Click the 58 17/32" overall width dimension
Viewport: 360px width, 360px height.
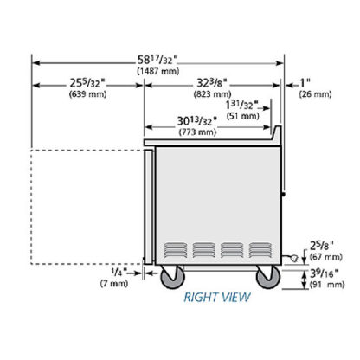[x=157, y=60]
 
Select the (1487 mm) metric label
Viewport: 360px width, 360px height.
[x=158, y=71]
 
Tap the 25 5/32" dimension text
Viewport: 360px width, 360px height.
[x=87, y=83]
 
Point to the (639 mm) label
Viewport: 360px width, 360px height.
[x=88, y=94]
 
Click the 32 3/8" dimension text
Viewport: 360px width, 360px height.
[x=212, y=83]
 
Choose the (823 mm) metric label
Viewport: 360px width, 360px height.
[x=213, y=94]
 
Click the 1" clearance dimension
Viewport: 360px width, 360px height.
[x=305, y=83]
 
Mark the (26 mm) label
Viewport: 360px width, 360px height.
[x=315, y=94]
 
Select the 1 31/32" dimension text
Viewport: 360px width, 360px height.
[x=241, y=105]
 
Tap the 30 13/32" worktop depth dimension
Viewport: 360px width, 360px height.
[x=197, y=121]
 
